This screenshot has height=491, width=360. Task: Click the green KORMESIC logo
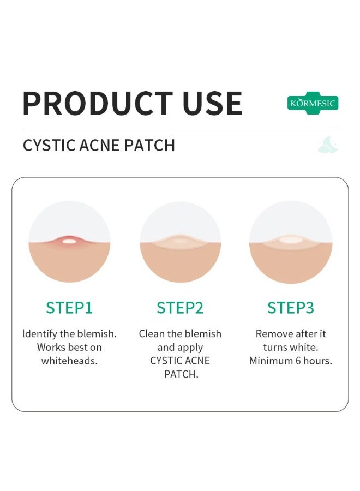tap(313, 103)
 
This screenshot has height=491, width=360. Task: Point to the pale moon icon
tap(328, 145)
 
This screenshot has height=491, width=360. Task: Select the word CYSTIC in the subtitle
tap(48, 146)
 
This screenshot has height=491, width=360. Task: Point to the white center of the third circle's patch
tap(290, 239)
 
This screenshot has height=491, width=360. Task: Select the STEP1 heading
tap(69, 308)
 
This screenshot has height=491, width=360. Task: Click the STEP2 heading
tap(180, 308)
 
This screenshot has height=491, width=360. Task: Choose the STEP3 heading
tap(291, 308)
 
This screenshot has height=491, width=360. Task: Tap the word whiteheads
tap(69, 361)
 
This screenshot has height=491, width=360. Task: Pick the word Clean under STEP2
tap(152, 333)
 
